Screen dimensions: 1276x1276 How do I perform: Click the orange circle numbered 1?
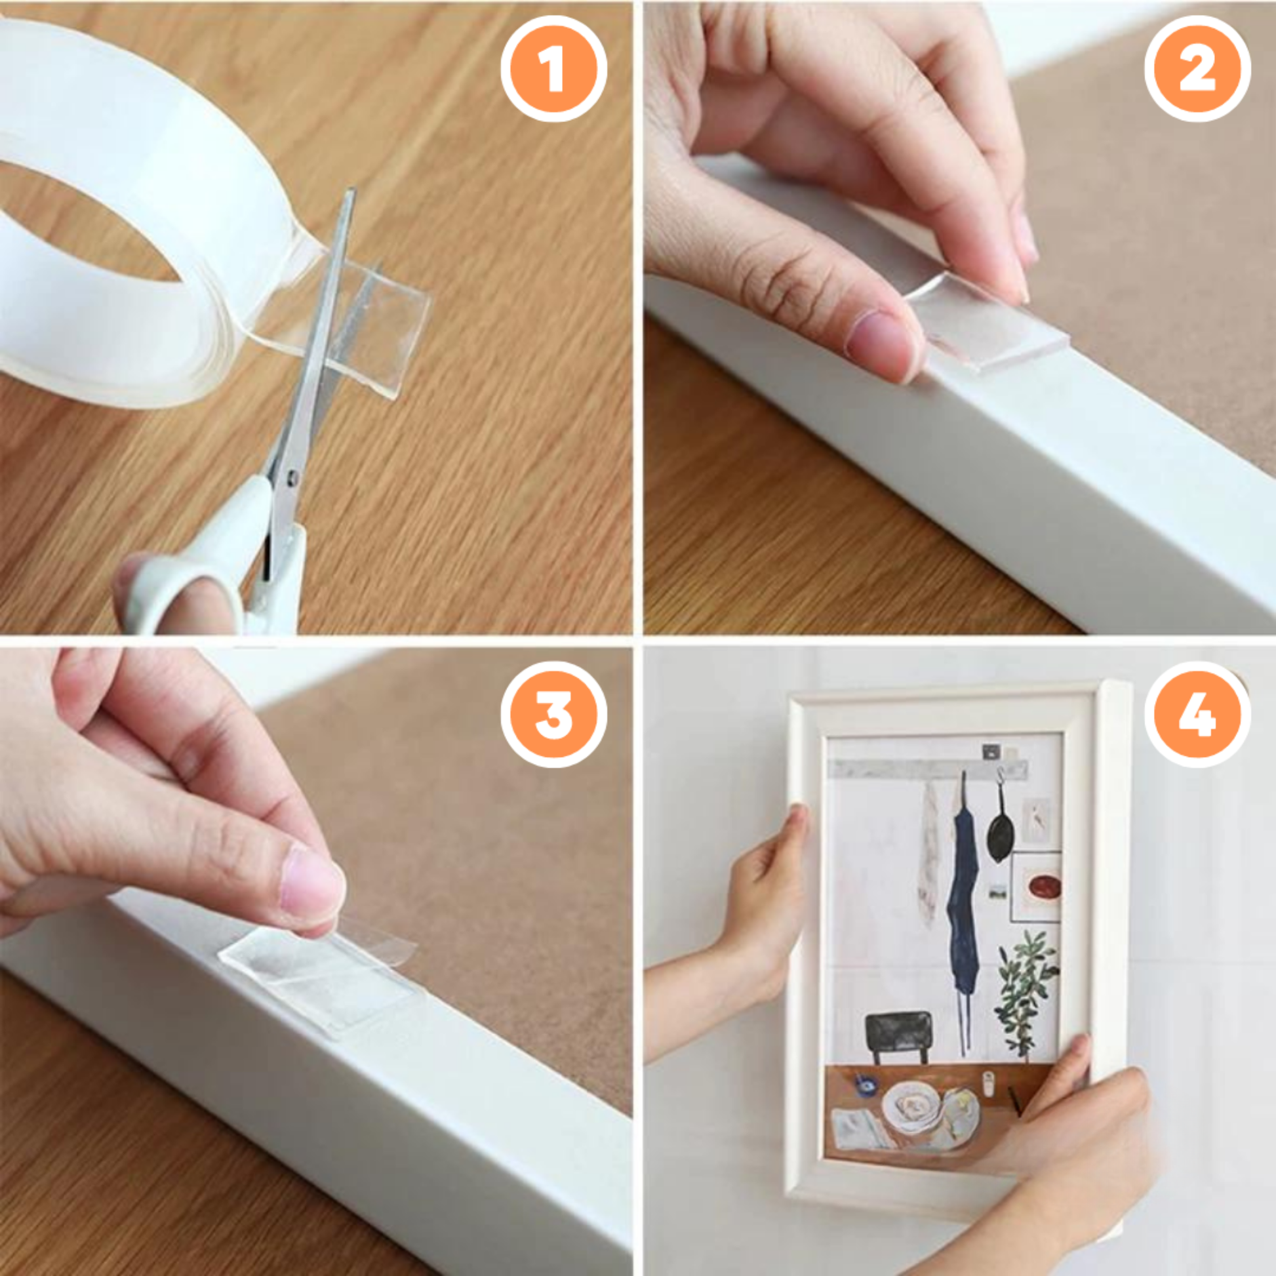pyautogui.click(x=553, y=70)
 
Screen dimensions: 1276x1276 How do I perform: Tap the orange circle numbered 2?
pyautogui.click(x=1197, y=70)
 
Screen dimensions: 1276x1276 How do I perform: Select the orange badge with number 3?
pyautogui.click(x=553, y=714)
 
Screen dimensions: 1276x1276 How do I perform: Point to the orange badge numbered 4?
pyautogui.click(x=1197, y=714)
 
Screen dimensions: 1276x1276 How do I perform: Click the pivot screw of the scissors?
pyautogui.click(x=292, y=473)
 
